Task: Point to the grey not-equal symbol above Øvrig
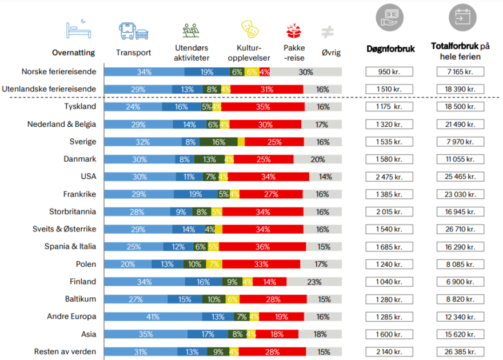tap(328, 31)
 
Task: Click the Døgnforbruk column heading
tap(391, 49)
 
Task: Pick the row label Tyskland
tap(80, 106)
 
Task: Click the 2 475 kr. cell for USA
tap(389, 177)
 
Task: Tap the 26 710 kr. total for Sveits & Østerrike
tap(461, 229)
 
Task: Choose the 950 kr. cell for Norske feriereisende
tap(389, 71)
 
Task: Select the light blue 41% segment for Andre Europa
tap(152, 317)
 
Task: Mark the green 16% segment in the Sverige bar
tap(218, 142)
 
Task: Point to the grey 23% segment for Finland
tap(314, 282)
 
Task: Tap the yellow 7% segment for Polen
tap(214, 265)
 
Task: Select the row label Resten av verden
tap(65, 351)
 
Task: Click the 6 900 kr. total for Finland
tap(461, 282)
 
